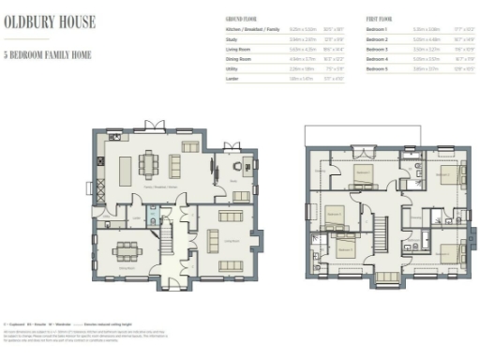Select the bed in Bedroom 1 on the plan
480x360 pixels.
[361, 172]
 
